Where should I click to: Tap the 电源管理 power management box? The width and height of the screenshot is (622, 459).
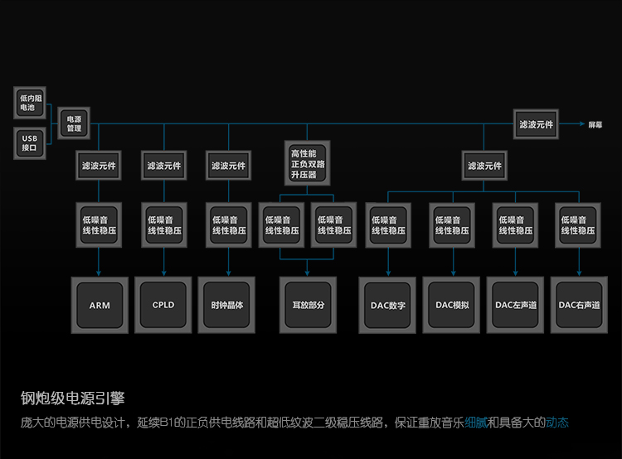pos(75,123)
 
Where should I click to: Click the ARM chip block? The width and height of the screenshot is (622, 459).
pos(100,305)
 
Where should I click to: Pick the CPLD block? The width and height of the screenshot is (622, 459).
pos(163,304)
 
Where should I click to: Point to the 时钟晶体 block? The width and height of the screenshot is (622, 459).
pos(228,304)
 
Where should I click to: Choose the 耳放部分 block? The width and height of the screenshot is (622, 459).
pos(309,305)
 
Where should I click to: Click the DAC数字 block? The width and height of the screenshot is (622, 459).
pos(388,305)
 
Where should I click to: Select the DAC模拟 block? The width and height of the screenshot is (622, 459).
pos(452,304)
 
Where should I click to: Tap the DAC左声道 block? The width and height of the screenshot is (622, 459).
pos(516,305)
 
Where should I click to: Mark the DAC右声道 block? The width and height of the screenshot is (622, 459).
pos(580,305)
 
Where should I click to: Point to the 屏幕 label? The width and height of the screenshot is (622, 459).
pos(595,124)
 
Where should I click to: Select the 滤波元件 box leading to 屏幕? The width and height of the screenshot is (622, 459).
pos(536,124)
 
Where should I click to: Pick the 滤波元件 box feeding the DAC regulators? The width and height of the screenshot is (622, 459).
pos(484,166)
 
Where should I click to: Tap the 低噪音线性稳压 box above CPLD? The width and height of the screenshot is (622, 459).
pos(164,225)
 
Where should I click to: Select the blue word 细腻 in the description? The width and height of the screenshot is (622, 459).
pos(476,423)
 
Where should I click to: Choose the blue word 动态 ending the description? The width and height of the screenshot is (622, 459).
pos(557,423)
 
